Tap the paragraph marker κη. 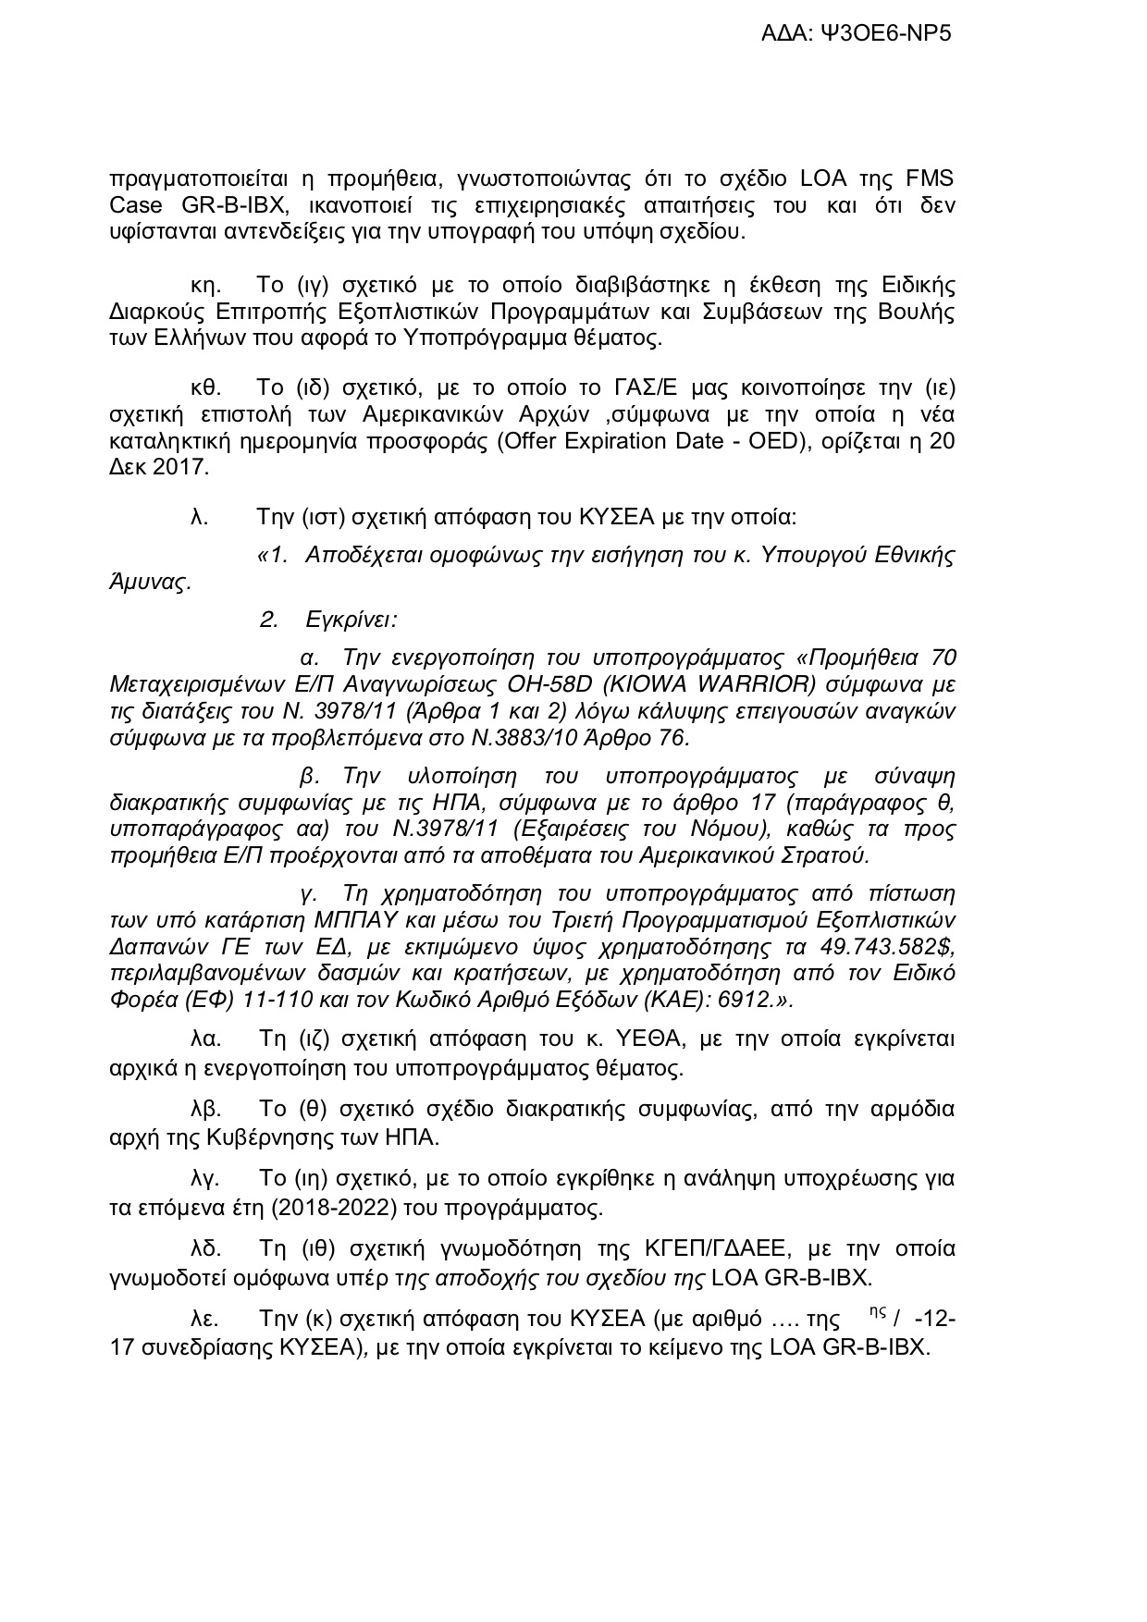(204, 284)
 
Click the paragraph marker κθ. (204, 387)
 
